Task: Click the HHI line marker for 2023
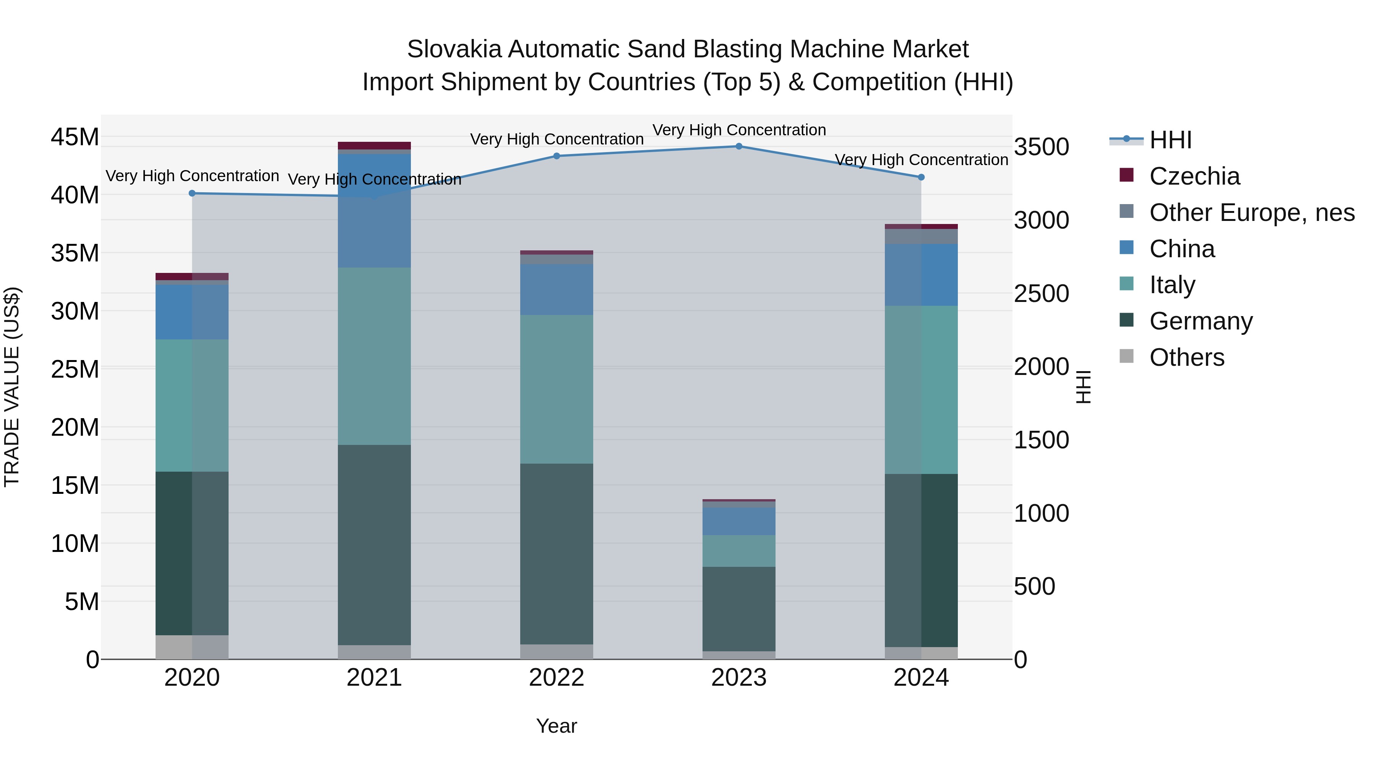tap(739, 146)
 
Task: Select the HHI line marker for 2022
tap(557, 156)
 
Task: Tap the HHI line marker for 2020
tap(192, 193)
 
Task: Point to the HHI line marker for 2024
tap(921, 177)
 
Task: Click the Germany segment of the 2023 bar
tap(739, 609)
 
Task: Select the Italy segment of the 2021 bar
tap(375, 356)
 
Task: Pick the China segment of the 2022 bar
tap(557, 289)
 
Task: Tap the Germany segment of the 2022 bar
tap(557, 554)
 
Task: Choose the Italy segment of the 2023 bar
tap(739, 551)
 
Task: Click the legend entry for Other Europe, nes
tap(1251, 213)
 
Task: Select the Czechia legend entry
tap(1194, 176)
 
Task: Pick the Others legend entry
tap(1186, 357)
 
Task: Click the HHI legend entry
tap(1170, 140)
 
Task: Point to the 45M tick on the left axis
tap(75, 137)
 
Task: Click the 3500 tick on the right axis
tap(1042, 147)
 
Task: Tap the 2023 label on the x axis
tap(739, 678)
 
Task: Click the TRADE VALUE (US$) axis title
tap(12, 387)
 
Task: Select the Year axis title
tap(557, 726)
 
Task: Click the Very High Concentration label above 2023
tap(739, 130)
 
